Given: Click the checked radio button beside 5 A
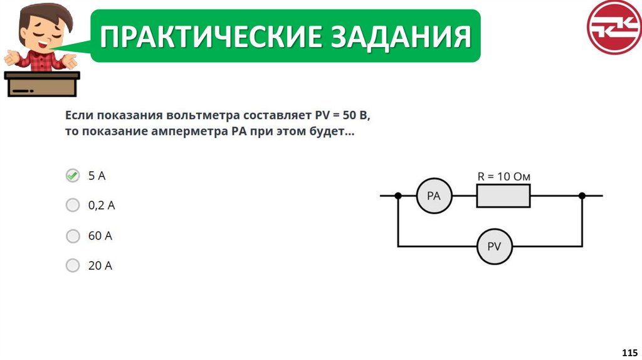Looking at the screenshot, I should point(73,176).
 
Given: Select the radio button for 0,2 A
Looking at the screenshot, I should point(73,205).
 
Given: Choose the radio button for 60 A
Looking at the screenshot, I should point(73,236).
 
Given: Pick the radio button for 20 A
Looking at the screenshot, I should point(73,265).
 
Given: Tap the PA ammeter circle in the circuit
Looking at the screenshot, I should point(434,196).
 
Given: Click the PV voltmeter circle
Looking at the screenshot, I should point(494,246).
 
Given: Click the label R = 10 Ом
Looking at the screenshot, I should point(503,177).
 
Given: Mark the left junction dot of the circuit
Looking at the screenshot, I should point(398,196).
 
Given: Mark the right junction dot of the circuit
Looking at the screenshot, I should point(582,196).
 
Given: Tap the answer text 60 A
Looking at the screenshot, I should point(100,236).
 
